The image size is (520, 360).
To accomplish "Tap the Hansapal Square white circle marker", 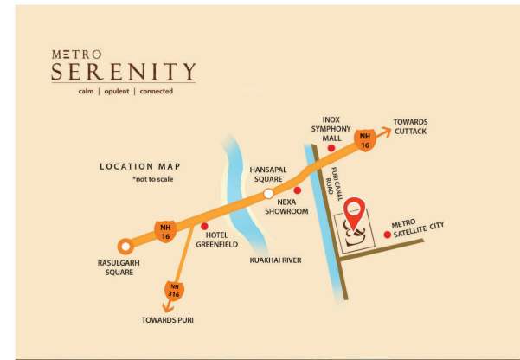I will [x=269, y=192].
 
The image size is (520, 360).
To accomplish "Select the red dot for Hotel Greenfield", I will [x=204, y=227].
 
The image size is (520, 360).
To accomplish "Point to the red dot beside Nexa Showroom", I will [x=297, y=190].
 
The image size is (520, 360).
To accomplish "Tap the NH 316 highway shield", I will [x=173, y=290].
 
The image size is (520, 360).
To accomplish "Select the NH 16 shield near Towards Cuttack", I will [x=364, y=139].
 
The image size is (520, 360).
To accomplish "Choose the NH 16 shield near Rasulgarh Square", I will [x=164, y=230].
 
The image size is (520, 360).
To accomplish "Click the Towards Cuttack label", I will [x=410, y=126].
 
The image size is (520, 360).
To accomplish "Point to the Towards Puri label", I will [x=167, y=320].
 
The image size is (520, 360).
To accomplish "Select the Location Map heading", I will [x=138, y=166].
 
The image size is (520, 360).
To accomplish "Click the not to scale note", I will [x=152, y=179].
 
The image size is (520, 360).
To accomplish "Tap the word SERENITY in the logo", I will [x=123, y=71].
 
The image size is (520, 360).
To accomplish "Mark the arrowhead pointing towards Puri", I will [x=166, y=307].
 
